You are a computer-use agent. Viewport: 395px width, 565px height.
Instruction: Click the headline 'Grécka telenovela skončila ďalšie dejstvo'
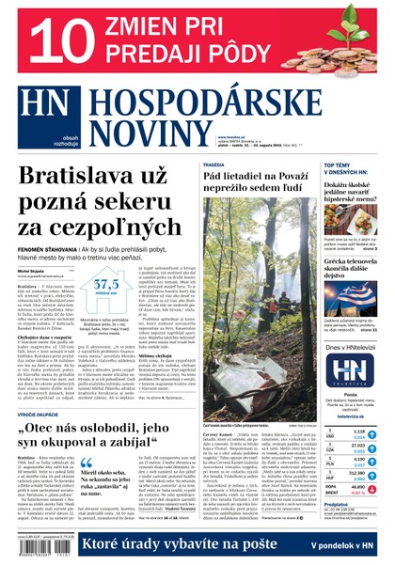tap(350, 265)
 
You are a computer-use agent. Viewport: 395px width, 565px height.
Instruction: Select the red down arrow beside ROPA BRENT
tap(371, 491)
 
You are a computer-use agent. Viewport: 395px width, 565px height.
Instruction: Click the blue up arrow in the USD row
tap(371, 436)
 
